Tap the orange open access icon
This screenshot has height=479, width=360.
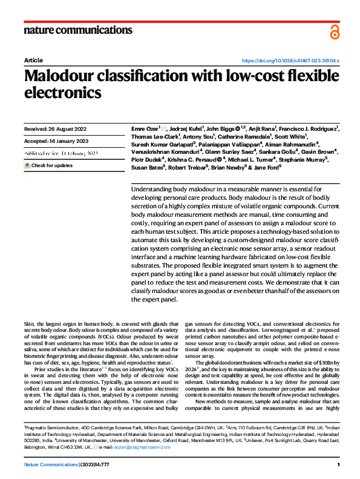tap(335, 31)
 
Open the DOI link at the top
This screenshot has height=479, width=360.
tap(290, 61)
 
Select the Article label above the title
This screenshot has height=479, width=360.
tap(33, 61)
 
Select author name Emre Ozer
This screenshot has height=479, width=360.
tap(145, 128)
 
